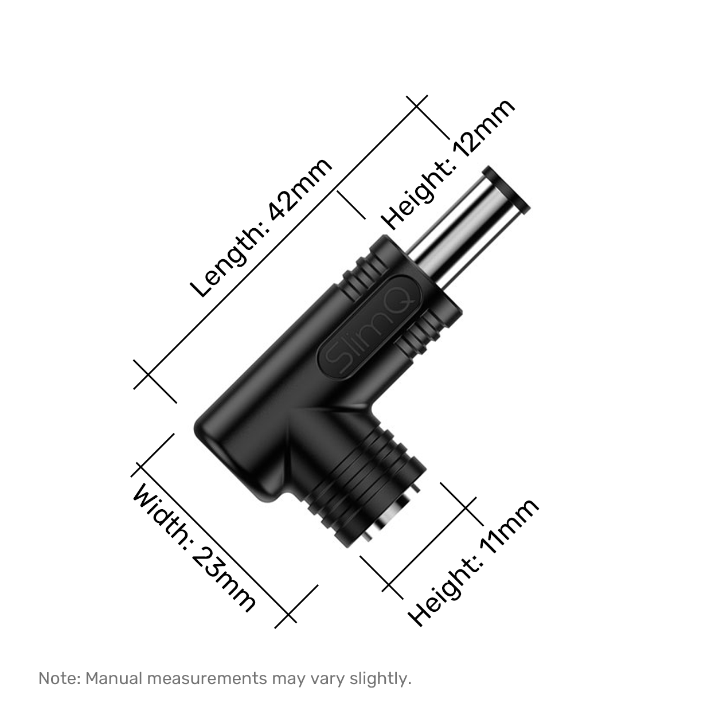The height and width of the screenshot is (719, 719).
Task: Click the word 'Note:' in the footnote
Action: click(x=60, y=678)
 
